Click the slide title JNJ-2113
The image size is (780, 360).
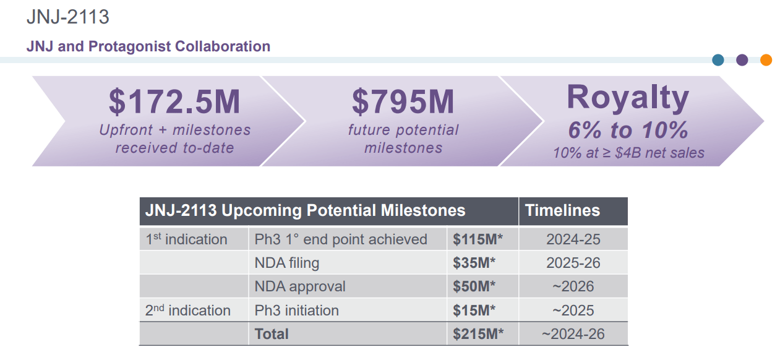coord(68,17)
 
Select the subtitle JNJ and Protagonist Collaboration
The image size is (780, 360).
coord(148,46)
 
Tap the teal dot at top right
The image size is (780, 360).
coord(718,60)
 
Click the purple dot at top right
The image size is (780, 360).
coord(742,60)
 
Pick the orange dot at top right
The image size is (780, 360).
coord(766,60)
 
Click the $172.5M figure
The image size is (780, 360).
coord(174,102)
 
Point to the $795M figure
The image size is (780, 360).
coord(403,102)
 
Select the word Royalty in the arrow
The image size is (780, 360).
coord(627,97)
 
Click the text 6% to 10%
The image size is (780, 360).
coord(628,130)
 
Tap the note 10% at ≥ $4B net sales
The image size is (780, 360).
coord(628,153)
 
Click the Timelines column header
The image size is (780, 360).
coord(562,210)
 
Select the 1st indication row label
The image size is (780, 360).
coord(186,239)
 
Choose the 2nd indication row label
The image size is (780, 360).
coord(187,311)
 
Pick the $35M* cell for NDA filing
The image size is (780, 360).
coord(474,263)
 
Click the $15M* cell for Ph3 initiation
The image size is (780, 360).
coord(474,311)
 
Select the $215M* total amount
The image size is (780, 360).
coord(478,334)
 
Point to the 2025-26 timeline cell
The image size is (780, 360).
coord(573,263)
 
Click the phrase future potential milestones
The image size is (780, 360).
coord(403,139)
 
